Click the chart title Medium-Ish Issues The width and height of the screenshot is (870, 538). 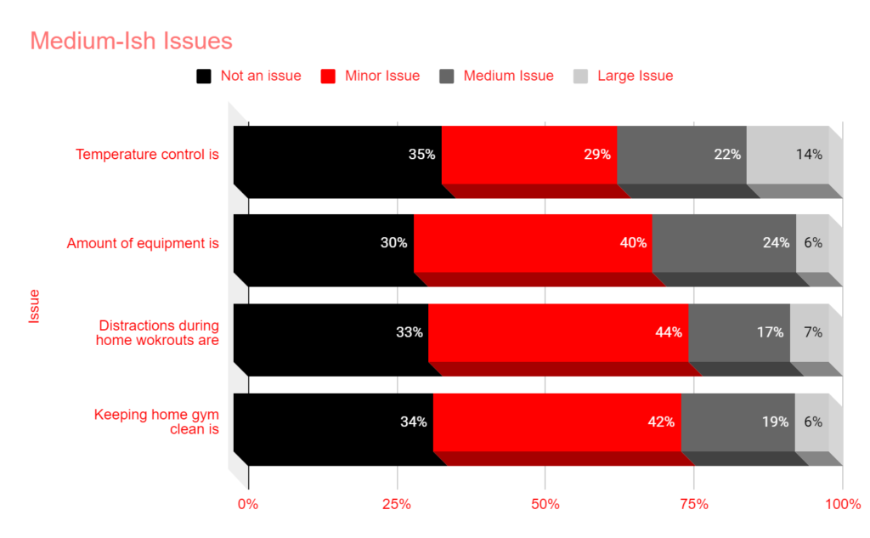[x=131, y=41]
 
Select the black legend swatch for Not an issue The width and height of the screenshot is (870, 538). [x=204, y=76]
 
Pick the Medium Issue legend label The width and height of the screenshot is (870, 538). [x=508, y=76]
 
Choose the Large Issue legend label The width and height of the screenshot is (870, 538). [x=635, y=76]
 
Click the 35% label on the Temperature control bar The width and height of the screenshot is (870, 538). [x=421, y=155]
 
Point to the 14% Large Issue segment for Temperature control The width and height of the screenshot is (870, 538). [x=788, y=155]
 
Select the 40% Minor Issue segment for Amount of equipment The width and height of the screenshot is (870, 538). [x=533, y=243]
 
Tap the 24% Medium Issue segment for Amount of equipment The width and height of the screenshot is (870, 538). [x=724, y=243]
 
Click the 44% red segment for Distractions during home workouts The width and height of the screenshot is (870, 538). [x=558, y=332]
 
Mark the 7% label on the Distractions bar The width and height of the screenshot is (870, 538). [x=813, y=332]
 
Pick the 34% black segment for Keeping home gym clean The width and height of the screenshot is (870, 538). [x=333, y=422]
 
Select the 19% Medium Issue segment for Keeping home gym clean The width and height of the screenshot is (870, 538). [x=737, y=422]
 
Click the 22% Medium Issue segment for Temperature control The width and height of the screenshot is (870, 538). [x=681, y=155]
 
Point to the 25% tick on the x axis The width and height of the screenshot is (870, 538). [x=397, y=504]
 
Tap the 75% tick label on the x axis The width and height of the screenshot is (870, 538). [x=693, y=504]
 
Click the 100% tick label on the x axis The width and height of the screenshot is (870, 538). [x=842, y=504]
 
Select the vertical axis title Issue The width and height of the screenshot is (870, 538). [x=35, y=306]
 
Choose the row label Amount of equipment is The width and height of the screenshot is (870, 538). [x=143, y=244]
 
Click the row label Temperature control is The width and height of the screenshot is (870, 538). [x=147, y=155]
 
